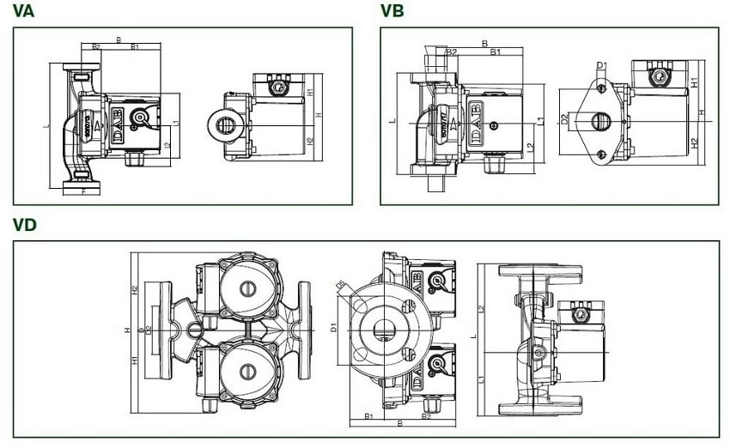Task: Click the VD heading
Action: tap(25, 225)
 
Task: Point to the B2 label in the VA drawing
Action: tap(96, 46)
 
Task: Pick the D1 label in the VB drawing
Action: tap(601, 66)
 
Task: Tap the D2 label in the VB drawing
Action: tap(564, 120)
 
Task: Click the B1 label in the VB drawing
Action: tap(496, 52)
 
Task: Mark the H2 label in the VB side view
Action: tap(694, 142)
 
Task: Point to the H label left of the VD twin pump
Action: tap(126, 330)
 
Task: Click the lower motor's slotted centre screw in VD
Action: tap(247, 372)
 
